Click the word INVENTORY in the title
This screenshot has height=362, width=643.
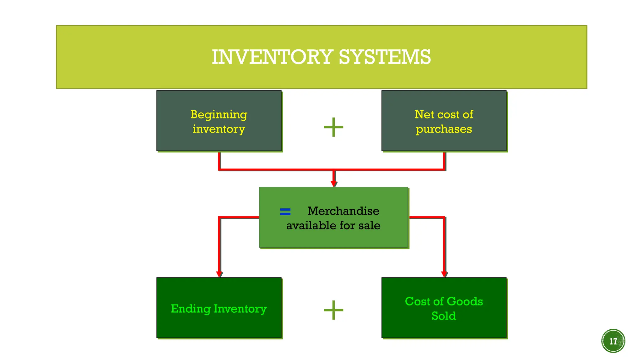point(272,57)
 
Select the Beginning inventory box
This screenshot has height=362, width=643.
point(219,121)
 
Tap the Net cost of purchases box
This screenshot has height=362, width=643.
point(444,121)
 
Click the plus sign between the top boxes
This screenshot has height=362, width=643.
point(333,127)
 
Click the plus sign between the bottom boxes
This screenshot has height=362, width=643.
point(333,310)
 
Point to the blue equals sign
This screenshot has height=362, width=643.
point(285,211)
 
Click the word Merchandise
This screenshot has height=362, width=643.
point(343,211)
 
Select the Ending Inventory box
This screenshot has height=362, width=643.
point(219,308)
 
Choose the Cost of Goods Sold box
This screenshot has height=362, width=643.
point(444,308)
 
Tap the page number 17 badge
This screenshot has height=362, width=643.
point(613,341)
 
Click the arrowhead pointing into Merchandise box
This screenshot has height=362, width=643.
point(334,184)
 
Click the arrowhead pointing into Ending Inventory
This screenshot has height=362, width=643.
point(219,274)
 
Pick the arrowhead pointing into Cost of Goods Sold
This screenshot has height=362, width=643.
point(444,274)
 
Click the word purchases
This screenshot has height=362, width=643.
point(444,129)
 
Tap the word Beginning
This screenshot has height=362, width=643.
point(219,115)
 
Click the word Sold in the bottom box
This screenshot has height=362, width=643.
point(444,316)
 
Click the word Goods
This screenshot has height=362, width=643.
point(464,301)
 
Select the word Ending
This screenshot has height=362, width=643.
point(191,309)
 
